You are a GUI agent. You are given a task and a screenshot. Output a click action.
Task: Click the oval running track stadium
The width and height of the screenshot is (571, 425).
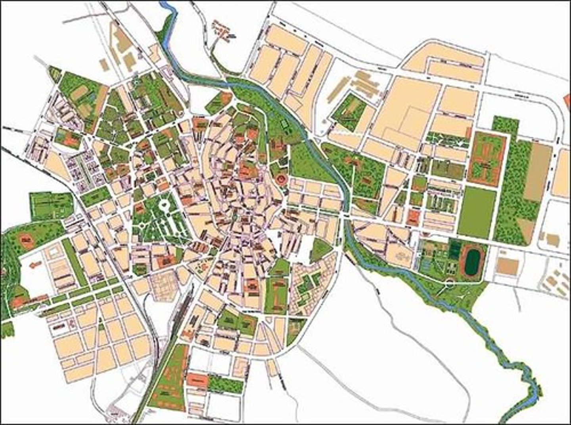click(472, 260)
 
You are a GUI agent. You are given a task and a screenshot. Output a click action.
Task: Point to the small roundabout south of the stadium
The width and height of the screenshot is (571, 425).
click(449, 283)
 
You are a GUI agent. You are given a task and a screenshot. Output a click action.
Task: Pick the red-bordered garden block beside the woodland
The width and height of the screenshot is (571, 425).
click(487, 159)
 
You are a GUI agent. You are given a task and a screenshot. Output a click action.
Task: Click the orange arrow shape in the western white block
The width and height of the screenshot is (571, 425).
click(36, 264)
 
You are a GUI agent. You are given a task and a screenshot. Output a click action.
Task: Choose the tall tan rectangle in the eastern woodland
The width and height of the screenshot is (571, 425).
click(537, 173)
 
